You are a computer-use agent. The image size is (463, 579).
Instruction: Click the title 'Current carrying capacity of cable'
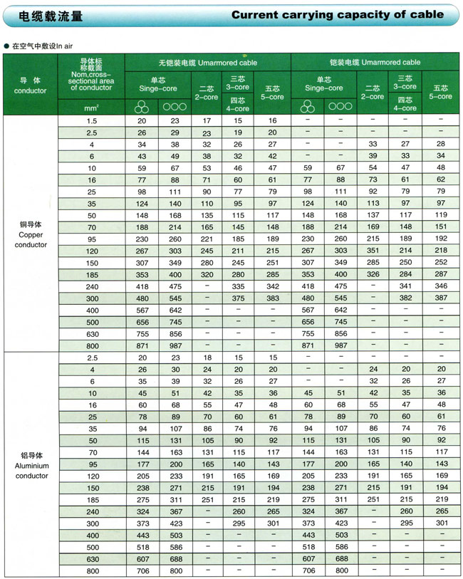pyautogui.click(x=337, y=15)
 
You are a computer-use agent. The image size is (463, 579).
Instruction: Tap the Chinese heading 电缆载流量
pyautogui.click(x=44, y=15)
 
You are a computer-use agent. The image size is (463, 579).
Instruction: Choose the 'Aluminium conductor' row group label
pyautogui.click(x=30, y=465)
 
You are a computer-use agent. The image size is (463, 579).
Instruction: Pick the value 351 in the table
pyautogui.click(x=373, y=251)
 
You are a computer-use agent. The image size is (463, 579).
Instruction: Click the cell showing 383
pyautogui.click(x=272, y=298)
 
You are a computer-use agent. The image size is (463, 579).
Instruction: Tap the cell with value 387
pyautogui.click(x=441, y=298)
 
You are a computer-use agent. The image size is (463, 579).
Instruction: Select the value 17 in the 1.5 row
pyautogui.click(x=207, y=121)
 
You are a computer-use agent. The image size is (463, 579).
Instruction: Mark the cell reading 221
pyautogui.click(x=207, y=239)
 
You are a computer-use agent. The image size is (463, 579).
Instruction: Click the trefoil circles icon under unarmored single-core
pyautogui.click(x=142, y=107)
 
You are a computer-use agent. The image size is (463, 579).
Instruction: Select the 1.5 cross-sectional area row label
pyautogui.click(x=93, y=121)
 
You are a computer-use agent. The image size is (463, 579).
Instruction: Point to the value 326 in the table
pyautogui.click(x=373, y=274)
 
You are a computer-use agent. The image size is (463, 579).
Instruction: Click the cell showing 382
pyautogui.click(x=406, y=298)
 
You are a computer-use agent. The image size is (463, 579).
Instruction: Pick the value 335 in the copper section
pyautogui.click(x=239, y=286)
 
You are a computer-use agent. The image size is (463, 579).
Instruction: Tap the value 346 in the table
pyautogui.click(x=441, y=286)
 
